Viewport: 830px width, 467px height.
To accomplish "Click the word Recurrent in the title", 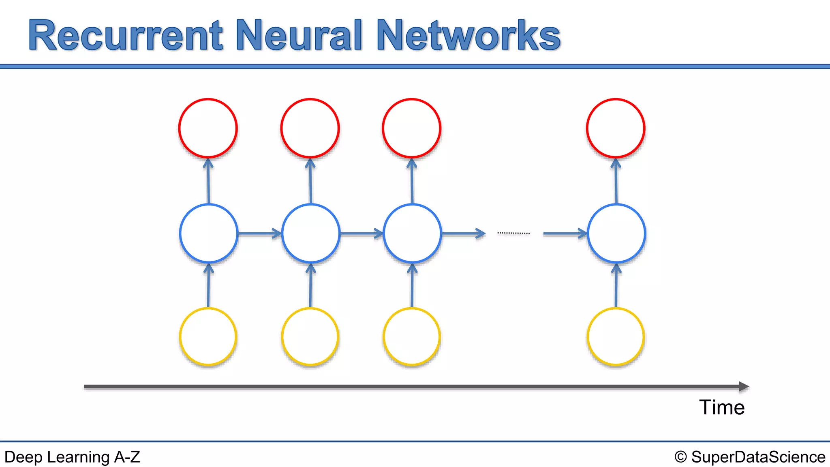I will pyautogui.click(x=126, y=36).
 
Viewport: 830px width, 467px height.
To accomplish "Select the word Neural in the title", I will pyautogui.click(x=299, y=36).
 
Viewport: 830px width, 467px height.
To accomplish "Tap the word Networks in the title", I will pyautogui.click(x=468, y=36).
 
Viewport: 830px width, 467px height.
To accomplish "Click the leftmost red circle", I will pyautogui.click(x=208, y=128).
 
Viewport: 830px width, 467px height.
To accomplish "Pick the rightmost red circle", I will pyautogui.click(x=616, y=128).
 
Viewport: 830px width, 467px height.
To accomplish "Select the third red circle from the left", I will pyautogui.click(x=411, y=128).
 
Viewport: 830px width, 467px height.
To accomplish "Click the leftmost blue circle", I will pyautogui.click(x=208, y=233).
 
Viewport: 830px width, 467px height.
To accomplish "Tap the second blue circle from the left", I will pyautogui.click(x=310, y=233).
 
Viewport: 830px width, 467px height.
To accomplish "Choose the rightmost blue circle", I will pyautogui.click(x=616, y=233).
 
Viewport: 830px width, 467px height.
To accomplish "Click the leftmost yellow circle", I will pyautogui.click(x=208, y=336).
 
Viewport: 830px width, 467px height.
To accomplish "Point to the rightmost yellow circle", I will pyautogui.click(x=616, y=336).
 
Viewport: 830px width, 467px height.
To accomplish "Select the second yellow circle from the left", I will pyautogui.click(x=310, y=336).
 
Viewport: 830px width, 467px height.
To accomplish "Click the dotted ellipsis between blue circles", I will pyautogui.click(x=513, y=233).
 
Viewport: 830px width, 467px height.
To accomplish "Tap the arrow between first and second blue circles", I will pyautogui.click(x=259, y=233).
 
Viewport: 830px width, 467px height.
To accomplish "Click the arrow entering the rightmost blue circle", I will pyautogui.click(x=565, y=233).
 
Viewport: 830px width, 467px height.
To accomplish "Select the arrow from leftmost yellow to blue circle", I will pyautogui.click(x=208, y=286).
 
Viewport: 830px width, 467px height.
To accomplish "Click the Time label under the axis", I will pyautogui.click(x=722, y=407).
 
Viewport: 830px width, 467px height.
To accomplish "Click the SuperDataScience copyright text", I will pyautogui.click(x=750, y=457).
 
